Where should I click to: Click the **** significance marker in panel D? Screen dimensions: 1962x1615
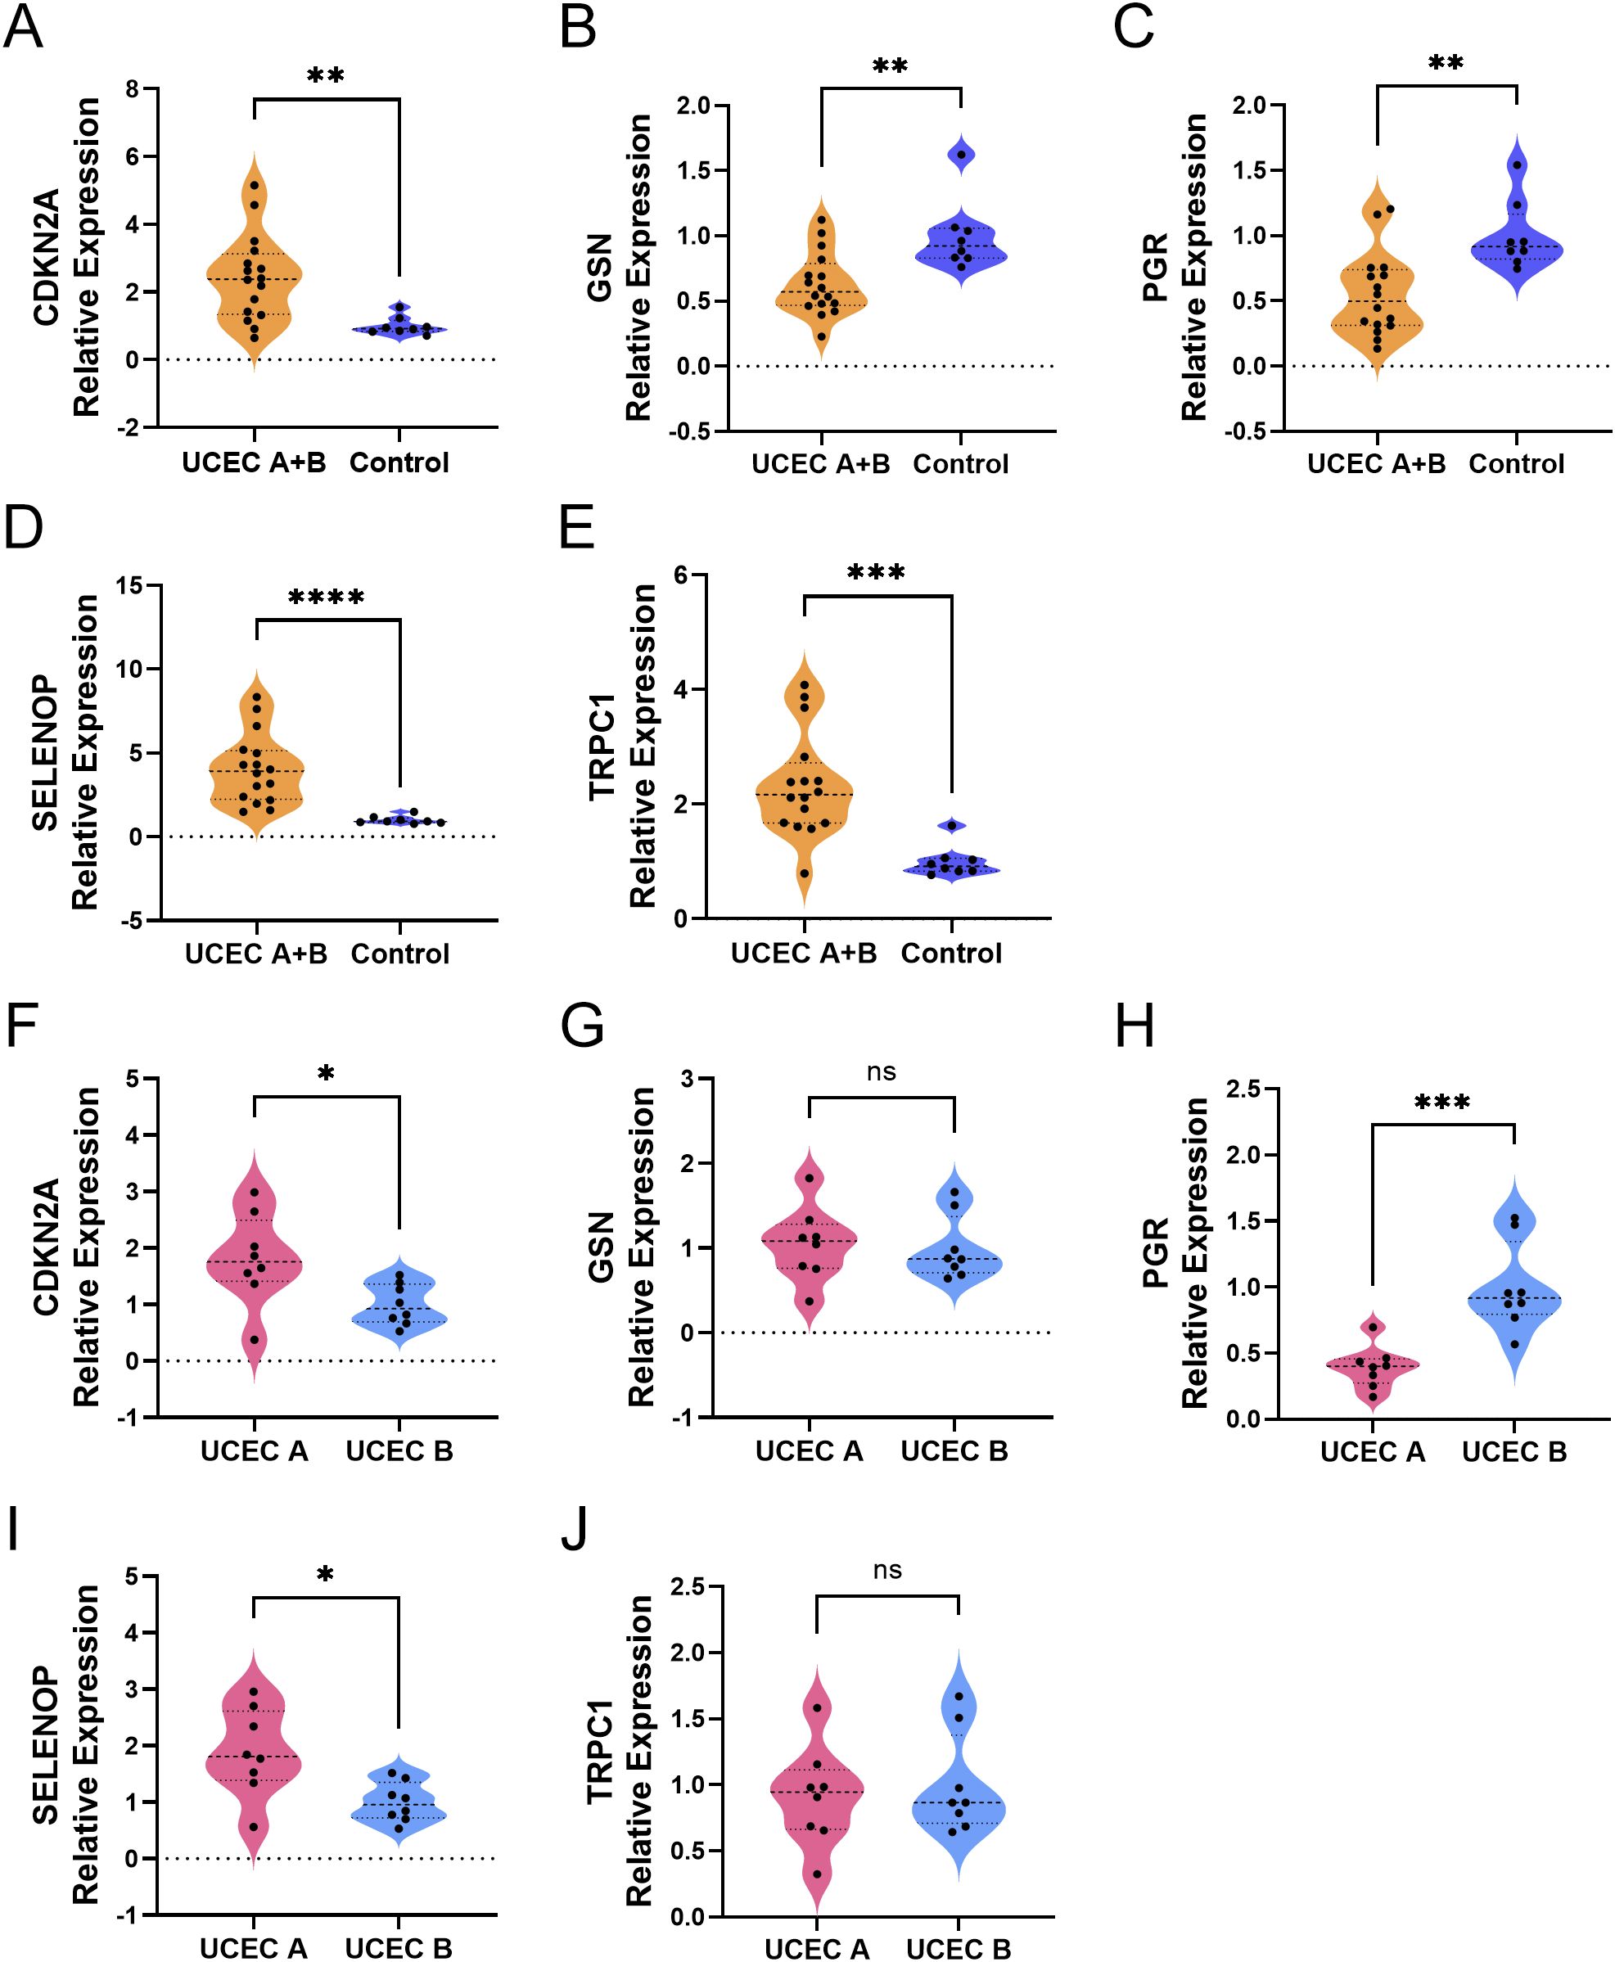326,598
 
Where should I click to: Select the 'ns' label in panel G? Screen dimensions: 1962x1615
881,1072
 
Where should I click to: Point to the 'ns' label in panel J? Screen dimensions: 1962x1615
886,1571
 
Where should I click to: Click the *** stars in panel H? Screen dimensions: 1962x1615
1442,1103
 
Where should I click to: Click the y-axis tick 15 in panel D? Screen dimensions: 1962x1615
129,586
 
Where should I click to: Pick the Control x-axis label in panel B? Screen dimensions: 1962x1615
960,463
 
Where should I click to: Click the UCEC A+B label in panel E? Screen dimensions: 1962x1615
804,953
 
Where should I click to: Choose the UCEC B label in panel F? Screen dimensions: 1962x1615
399,1450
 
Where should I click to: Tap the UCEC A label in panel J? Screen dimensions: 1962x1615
817,1948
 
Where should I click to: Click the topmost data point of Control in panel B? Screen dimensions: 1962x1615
961,155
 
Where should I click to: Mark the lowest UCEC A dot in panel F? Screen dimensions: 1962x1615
254,1340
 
